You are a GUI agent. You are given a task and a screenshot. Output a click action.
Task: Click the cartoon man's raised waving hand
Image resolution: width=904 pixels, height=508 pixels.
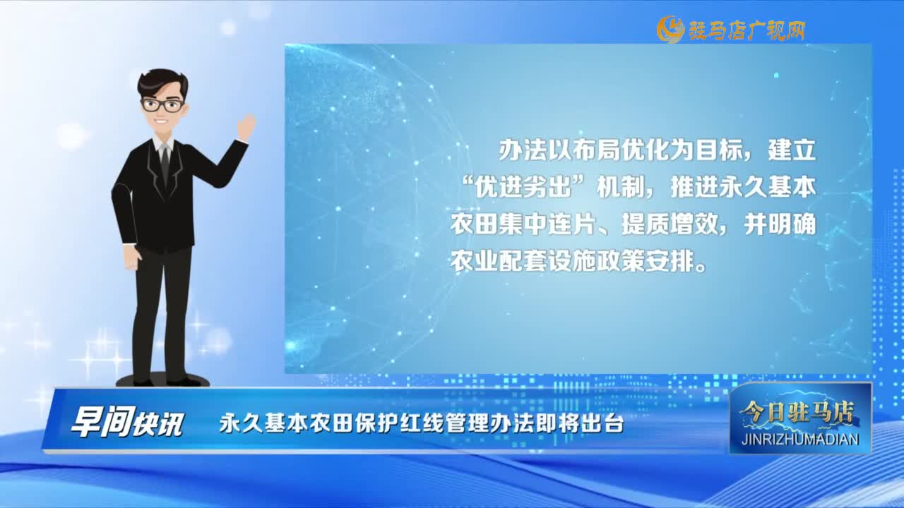246,127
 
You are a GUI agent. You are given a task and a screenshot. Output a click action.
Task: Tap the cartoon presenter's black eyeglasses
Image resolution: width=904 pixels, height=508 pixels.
163,106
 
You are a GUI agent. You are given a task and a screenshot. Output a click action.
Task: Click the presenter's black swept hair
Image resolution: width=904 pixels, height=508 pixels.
162,83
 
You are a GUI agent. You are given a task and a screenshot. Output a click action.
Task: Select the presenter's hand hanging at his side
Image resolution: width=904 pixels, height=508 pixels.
132,256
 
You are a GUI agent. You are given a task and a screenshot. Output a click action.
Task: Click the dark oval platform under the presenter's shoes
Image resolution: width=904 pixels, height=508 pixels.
162,380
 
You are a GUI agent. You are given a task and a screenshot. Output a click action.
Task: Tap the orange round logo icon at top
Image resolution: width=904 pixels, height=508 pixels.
670,29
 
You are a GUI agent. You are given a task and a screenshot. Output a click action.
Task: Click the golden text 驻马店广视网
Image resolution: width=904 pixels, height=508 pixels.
747,30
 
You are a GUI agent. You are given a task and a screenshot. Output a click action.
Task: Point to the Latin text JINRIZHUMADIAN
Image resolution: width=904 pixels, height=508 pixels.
800,439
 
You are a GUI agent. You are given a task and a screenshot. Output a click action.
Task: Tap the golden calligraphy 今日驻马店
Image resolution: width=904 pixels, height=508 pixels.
798,414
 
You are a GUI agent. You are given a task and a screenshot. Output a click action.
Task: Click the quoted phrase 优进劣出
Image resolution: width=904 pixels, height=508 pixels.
524,188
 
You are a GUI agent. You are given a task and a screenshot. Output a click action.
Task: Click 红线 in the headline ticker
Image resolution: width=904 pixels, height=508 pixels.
422,423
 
